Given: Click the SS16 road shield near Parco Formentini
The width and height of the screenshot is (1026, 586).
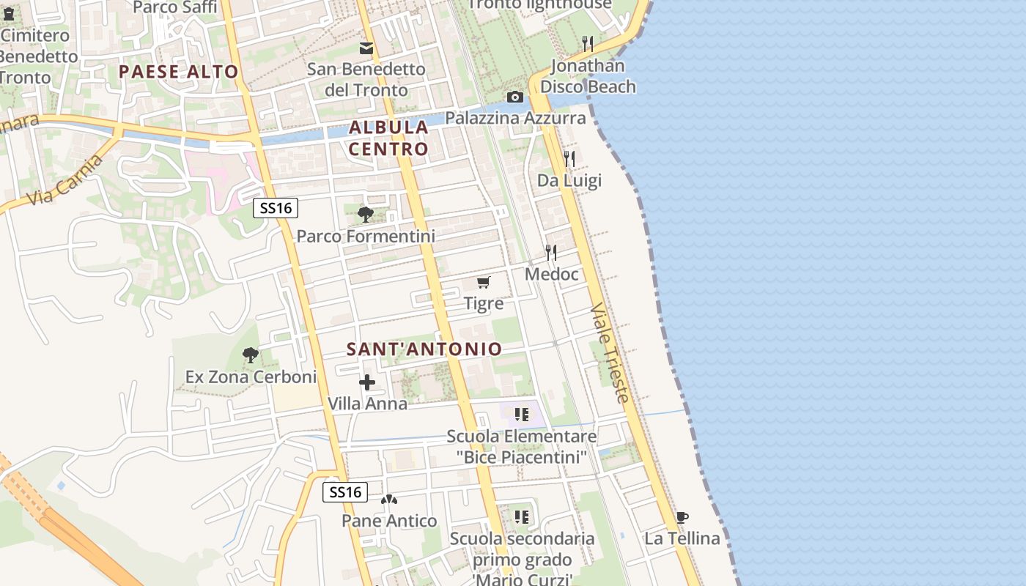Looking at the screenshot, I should tap(276, 208).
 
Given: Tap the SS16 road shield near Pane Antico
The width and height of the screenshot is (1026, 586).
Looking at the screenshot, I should tap(345, 492).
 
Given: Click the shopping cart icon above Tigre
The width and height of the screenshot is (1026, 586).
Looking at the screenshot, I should tap(483, 282).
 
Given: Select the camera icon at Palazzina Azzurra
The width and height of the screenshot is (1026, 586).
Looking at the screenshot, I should tap(514, 97).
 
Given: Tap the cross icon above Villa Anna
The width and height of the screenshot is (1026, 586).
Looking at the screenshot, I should tap(367, 382).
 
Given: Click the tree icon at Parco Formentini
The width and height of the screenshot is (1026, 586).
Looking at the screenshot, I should tap(365, 215).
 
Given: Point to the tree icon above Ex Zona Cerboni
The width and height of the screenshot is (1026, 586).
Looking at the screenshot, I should tap(251, 356).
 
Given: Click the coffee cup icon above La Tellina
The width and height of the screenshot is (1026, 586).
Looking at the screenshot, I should tap(682, 518).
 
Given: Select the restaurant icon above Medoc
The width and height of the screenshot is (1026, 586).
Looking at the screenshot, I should tap(551, 253).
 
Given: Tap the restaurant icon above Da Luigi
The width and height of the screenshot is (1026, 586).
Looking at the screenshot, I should tap(569, 158).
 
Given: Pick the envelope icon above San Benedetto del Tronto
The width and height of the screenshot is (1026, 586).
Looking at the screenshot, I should tap(366, 48).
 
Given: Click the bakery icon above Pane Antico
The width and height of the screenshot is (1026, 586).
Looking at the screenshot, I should tap(389, 500).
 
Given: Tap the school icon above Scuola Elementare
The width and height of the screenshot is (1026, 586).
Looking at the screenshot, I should tap(521, 415).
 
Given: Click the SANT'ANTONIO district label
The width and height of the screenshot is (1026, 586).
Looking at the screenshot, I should tap(424, 349).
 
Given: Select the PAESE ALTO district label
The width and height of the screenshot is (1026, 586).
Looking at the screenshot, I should tap(178, 72).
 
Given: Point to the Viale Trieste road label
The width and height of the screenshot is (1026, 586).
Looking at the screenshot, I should tap(609, 352).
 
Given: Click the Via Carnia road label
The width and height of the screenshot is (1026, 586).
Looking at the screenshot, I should tap(64, 180).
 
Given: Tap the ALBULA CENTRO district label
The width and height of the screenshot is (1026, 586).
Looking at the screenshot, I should tap(388, 138).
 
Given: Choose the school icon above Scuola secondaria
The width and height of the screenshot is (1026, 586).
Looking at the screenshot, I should tap(521, 517).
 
